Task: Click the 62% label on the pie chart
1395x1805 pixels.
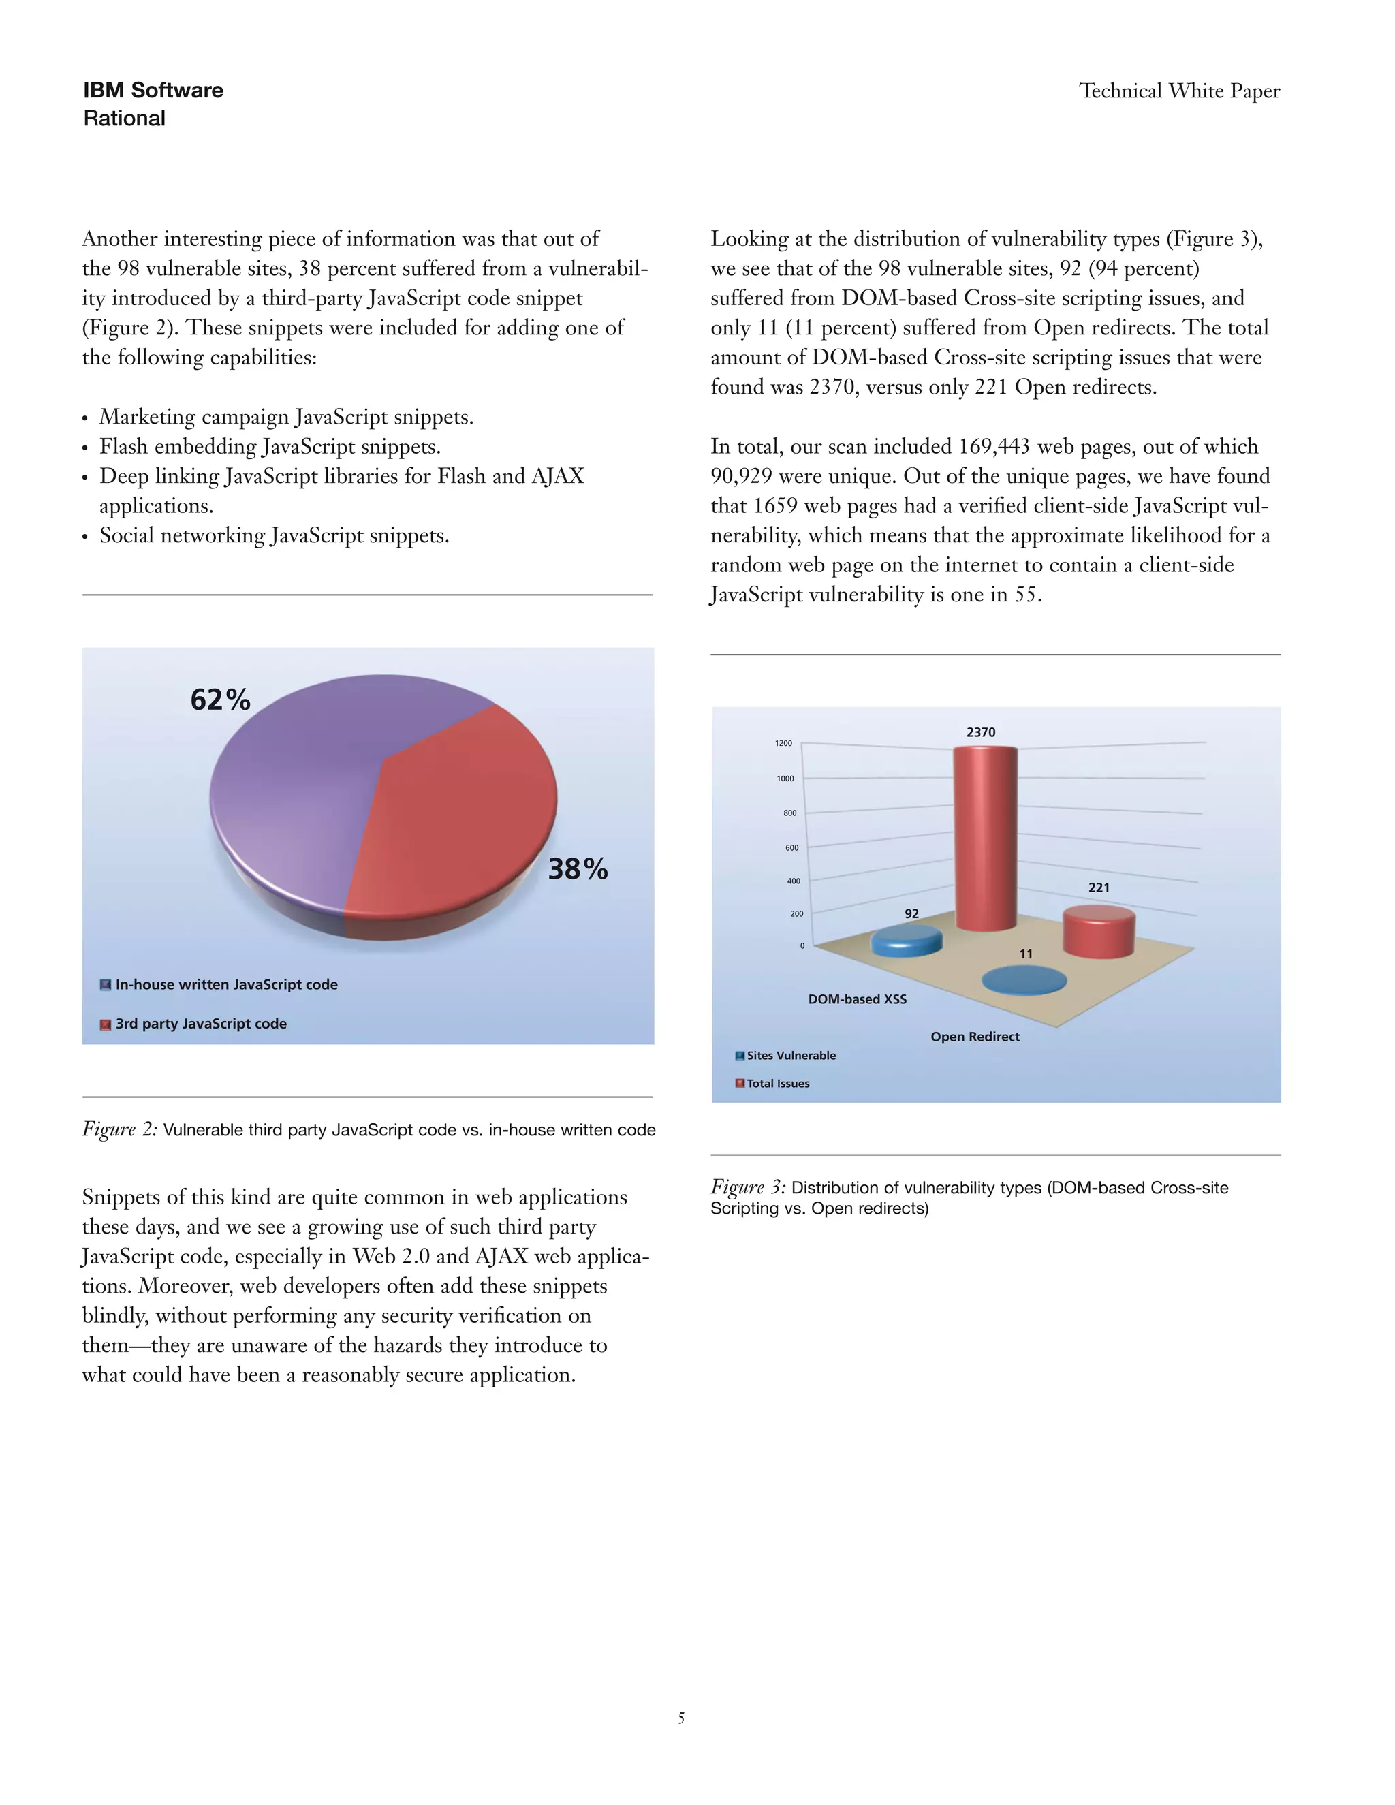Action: (x=220, y=700)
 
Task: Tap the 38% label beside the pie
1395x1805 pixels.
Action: (x=578, y=868)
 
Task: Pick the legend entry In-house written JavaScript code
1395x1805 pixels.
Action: (x=225, y=984)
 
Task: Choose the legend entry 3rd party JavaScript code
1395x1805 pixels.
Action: (x=200, y=1023)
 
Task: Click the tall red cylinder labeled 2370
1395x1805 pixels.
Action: (x=985, y=835)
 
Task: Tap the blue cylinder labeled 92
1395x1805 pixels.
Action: (x=907, y=941)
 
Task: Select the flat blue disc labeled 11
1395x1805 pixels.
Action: (x=1024, y=981)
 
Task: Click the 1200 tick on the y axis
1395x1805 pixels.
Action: (x=783, y=743)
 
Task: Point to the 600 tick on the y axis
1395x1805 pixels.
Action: (x=791, y=847)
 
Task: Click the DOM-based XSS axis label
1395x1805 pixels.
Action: (x=857, y=999)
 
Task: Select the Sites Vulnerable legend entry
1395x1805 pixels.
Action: (x=790, y=1055)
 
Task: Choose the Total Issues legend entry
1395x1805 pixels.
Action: (x=777, y=1084)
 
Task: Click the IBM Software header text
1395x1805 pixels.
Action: (x=153, y=90)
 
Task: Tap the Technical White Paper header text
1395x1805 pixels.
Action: (x=1179, y=91)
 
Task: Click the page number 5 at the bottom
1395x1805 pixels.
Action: (x=681, y=1718)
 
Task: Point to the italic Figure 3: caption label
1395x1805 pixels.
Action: (x=748, y=1188)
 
